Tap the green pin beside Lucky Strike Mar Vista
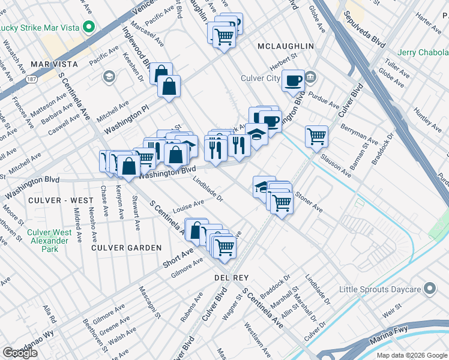coord(89,27)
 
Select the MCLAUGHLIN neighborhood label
coord(285,46)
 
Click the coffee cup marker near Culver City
coord(294,80)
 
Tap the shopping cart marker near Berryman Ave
coord(316,136)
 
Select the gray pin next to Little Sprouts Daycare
coord(429,289)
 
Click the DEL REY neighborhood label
coord(228,278)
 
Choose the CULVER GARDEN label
coord(126,247)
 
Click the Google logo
coord(20,353)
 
